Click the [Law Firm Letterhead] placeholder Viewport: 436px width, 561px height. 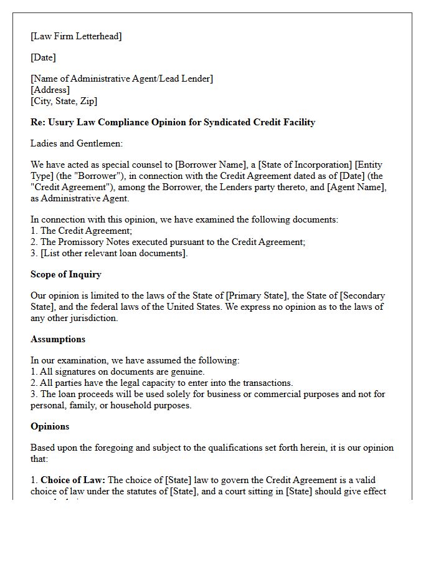76,36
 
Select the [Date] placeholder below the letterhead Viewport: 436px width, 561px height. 43,57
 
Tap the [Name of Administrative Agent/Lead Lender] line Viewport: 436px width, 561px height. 121,79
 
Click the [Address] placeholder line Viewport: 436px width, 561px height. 50,90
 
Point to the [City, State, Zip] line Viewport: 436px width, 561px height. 64,101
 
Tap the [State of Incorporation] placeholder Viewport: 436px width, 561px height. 305,165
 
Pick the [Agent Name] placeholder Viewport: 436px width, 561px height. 359,187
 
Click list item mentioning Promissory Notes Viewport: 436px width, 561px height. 168,242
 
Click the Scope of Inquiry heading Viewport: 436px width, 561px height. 66,274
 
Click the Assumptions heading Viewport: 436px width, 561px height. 58,339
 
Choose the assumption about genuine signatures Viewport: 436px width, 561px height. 117,372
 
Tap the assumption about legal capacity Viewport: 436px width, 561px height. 161,383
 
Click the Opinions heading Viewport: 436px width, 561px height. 50,426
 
